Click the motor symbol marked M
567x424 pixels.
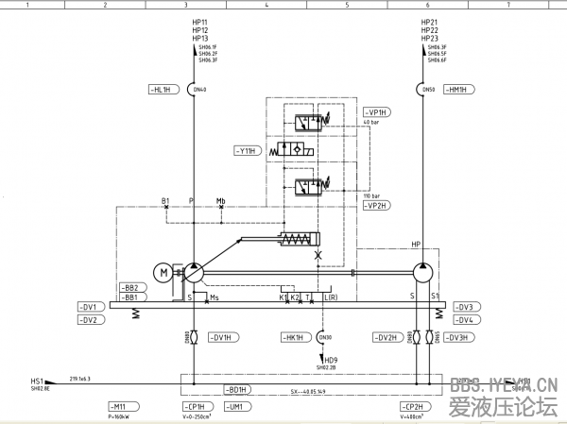[164, 273]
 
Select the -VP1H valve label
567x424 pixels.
[377, 111]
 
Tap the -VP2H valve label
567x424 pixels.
[377, 205]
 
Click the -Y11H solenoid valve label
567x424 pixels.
[247, 149]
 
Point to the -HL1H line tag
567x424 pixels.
[162, 90]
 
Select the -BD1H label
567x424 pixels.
[235, 389]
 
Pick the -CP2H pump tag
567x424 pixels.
[413, 406]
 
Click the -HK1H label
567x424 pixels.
[293, 337]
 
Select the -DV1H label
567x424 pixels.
[219, 337]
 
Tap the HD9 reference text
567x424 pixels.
[331, 359]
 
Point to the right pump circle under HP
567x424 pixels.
[421, 273]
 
